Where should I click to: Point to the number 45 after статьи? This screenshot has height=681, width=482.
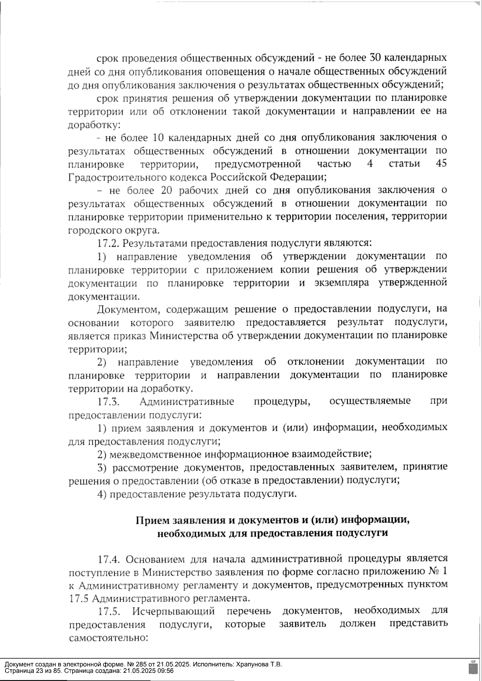point(441,164)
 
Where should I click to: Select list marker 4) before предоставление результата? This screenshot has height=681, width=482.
point(102,494)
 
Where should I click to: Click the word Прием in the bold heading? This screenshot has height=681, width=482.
point(153,520)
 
